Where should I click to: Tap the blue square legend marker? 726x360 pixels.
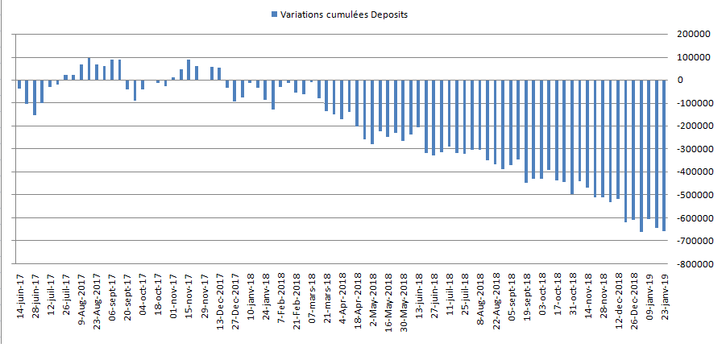(276, 14)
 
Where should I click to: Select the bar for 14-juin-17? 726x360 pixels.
(19, 84)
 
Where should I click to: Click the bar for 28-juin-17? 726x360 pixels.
(35, 97)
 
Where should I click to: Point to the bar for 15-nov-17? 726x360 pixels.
(189, 70)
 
